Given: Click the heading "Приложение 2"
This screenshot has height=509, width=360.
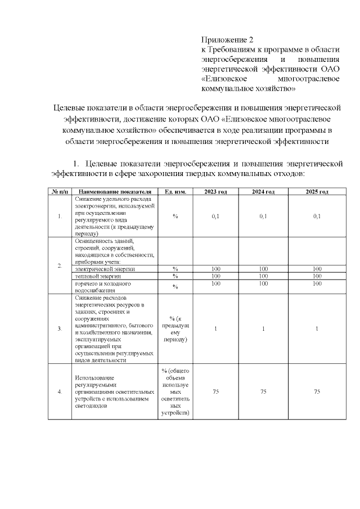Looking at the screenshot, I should click(227, 40).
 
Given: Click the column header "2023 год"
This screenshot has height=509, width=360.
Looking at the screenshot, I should click(215, 192).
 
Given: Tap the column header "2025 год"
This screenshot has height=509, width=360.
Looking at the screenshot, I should click(317, 192).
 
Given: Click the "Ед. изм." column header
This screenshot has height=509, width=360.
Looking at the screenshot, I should click(175, 192).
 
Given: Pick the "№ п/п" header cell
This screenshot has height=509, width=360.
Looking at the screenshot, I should click(60, 192).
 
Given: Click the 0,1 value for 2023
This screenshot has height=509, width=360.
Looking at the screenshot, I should click(215, 217).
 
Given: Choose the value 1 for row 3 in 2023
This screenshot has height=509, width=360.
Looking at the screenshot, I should click(215, 329).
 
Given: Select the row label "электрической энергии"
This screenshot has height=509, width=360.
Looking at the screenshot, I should click(105, 269).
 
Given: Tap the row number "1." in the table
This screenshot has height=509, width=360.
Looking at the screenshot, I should click(60, 217).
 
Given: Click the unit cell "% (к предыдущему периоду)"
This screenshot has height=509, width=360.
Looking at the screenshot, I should click(175, 329).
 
